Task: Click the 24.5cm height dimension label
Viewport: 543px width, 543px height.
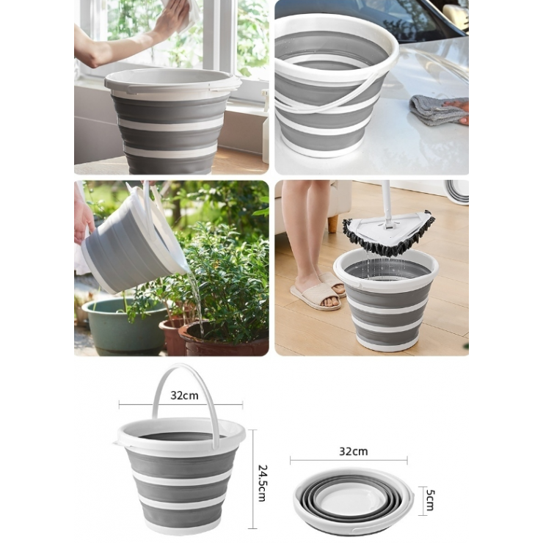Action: [262, 483]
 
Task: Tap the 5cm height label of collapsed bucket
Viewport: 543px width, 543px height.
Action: [429, 500]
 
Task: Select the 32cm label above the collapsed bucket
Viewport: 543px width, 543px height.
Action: [353, 451]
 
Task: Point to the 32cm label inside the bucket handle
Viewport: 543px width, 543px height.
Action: [184, 395]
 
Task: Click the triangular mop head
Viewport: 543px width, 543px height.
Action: [389, 232]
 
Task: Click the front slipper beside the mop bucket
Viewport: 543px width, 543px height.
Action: [316, 296]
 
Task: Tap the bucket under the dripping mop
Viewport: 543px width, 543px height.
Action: [386, 300]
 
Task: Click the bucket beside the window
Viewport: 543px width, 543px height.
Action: [172, 120]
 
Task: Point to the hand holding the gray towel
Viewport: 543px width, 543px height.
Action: [456, 110]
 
